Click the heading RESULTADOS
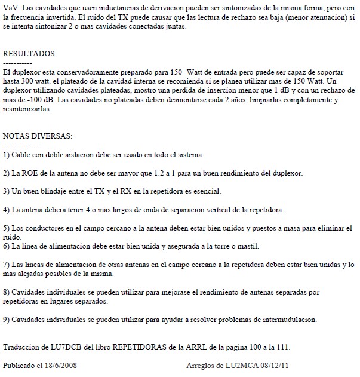[x=30, y=54]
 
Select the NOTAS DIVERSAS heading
[x=38, y=136]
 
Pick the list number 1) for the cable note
[x=6, y=155]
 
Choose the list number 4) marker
[x=6, y=210]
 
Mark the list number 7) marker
[x=6, y=264]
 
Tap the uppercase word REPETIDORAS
[x=148, y=347]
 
